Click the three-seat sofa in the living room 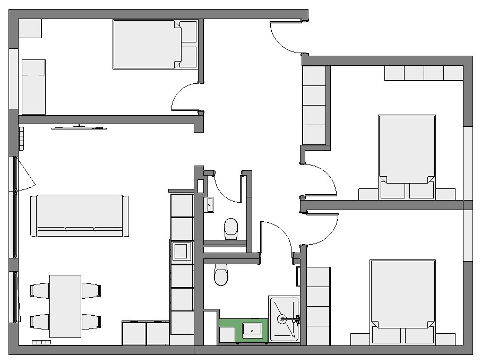(80, 215)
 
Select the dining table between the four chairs (65, 306)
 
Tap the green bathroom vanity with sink (243, 330)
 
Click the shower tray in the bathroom (285, 319)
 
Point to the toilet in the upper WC (231, 228)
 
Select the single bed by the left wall (33, 86)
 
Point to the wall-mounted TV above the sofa (79, 127)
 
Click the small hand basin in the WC (210, 203)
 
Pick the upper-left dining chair (39, 290)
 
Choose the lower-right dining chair (91, 322)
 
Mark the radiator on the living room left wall (21, 138)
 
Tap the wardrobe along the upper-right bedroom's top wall (424, 73)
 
